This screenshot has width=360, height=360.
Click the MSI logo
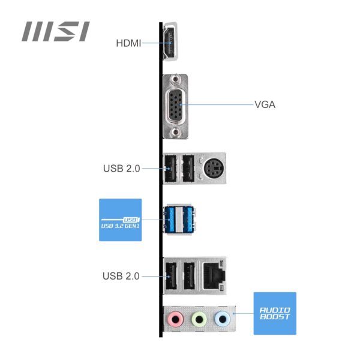point(56,31)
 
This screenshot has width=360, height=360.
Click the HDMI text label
point(128,43)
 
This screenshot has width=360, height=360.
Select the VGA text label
point(265,104)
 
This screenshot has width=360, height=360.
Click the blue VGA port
point(176,104)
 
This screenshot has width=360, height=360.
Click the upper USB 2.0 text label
point(121,169)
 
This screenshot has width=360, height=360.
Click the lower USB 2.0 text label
point(121,277)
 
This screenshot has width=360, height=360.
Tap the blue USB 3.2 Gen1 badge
point(120,220)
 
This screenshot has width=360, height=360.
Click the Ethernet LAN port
point(214,274)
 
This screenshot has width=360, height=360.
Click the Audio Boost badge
point(275,313)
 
